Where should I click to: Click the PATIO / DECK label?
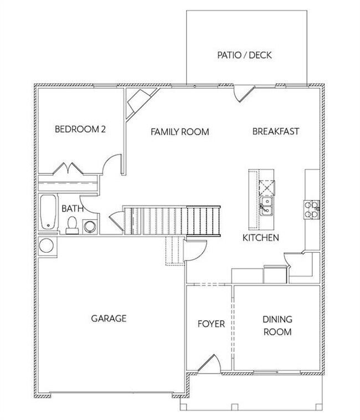point(244,55)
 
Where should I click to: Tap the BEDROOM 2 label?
point(80,130)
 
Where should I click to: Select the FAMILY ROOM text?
point(180,132)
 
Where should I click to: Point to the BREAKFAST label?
point(276,131)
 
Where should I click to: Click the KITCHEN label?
point(260,238)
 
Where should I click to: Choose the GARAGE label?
point(109,319)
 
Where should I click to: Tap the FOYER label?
point(211,324)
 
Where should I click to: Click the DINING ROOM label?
point(277,326)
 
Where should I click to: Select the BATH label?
point(73,209)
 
